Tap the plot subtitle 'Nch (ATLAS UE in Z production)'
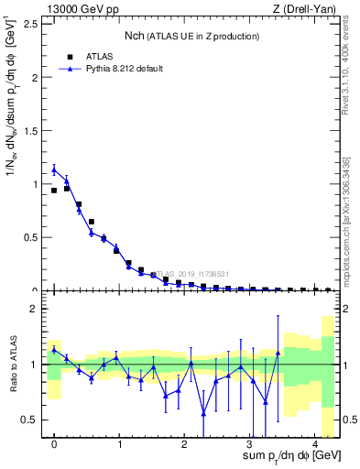(191, 36)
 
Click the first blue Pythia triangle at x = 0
(54, 169)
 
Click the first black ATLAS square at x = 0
(54, 191)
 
